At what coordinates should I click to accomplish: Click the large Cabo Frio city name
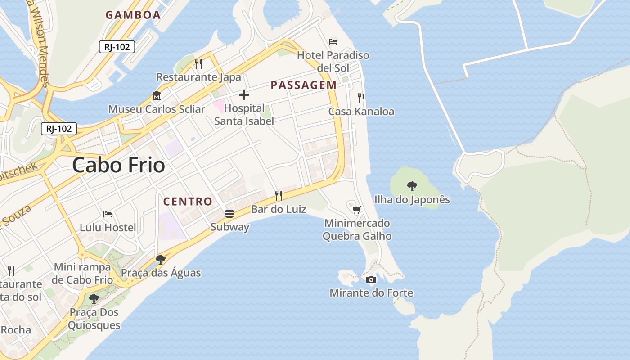(118, 165)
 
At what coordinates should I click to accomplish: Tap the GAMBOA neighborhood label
(133, 15)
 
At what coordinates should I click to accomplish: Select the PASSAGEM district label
(303, 85)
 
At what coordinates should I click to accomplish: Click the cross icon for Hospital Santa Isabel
(244, 95)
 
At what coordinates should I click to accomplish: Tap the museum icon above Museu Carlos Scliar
(157, 96)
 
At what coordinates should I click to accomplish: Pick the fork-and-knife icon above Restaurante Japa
(198, 64)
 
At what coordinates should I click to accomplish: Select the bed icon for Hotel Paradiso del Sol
(333, 42)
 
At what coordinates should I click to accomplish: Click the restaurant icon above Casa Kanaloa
(361, 98)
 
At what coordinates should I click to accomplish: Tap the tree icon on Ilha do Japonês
(412, 186)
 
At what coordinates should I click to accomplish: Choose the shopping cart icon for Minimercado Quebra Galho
(357, 210)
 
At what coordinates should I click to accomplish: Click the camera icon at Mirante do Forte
(371, 279)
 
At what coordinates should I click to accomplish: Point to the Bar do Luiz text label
(278, 209)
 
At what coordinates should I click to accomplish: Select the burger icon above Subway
(229, 213)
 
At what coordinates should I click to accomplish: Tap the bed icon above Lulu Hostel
(108, 214)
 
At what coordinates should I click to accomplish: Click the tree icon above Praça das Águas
(160, 259)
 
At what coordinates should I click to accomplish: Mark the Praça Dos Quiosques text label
(94, 319)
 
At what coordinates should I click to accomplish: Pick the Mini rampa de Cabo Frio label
(82, 273)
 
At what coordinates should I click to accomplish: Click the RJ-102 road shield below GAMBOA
(117, 46)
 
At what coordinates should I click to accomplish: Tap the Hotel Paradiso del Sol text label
(333, 62)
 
